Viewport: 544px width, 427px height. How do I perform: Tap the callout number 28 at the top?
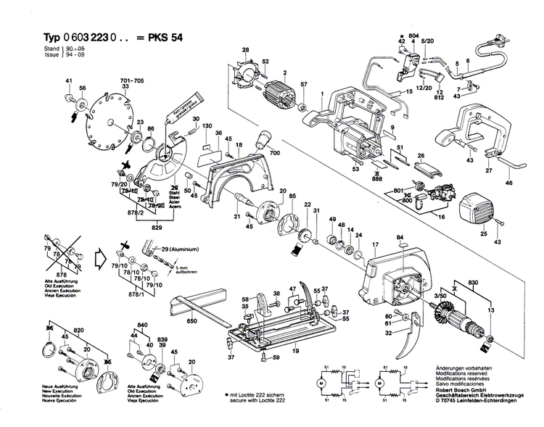click(x=245, y=49)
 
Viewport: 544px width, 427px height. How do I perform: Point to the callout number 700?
click(x=274, y=154)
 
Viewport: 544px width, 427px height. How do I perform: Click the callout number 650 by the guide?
click(x=192, y=320)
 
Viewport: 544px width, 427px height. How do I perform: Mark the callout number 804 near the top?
click(x=414, y=36)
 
